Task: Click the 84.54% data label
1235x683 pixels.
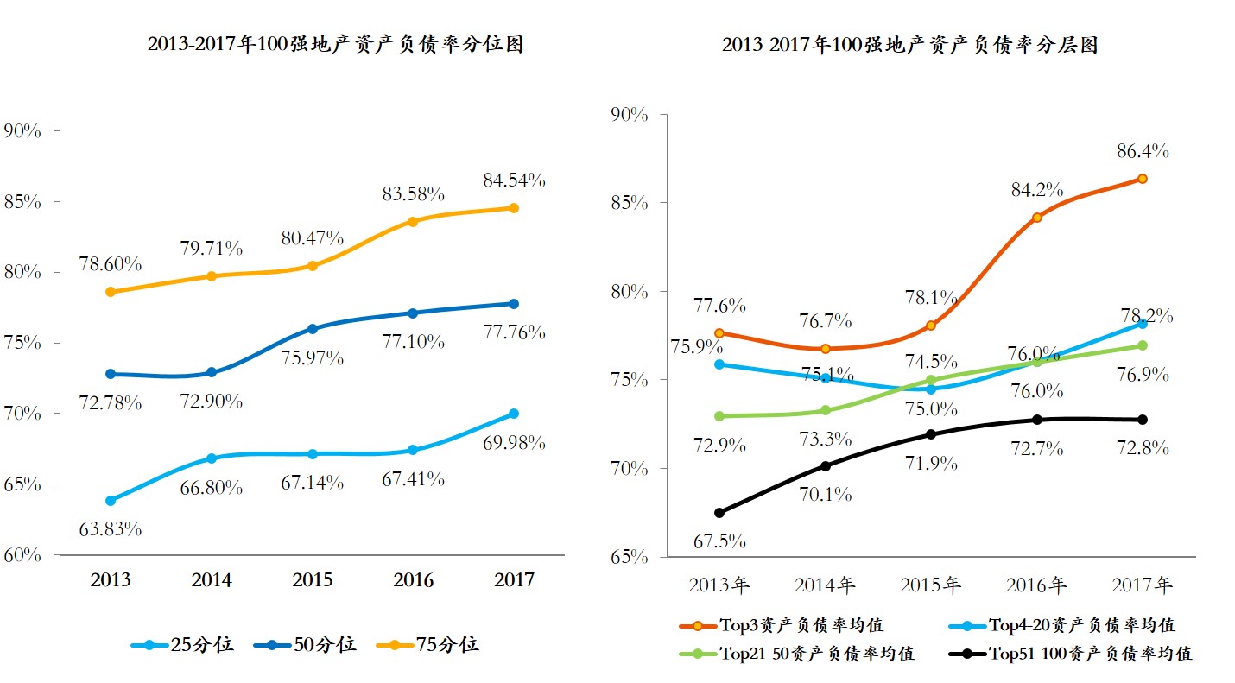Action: pos(513,180)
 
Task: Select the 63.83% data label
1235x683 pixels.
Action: pos(111,528)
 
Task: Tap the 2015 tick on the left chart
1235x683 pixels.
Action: pos(312,579)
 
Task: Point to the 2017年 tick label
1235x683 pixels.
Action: pos(1142,585)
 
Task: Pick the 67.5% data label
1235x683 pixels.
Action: pos(719,541)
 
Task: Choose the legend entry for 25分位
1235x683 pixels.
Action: pos(182,644)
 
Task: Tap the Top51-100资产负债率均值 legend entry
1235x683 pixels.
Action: pos(1071,654)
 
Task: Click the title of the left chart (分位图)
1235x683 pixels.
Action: pos(335,45)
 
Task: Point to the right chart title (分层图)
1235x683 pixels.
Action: pos(909,45)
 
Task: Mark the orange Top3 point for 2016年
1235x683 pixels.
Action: pos(1036,217)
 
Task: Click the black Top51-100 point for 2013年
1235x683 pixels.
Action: pos(719,513)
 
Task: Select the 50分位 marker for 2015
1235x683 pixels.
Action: pos(313,329)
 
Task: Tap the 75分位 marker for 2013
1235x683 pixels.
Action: pos(111,292)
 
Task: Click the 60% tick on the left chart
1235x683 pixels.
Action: pos(22,554)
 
